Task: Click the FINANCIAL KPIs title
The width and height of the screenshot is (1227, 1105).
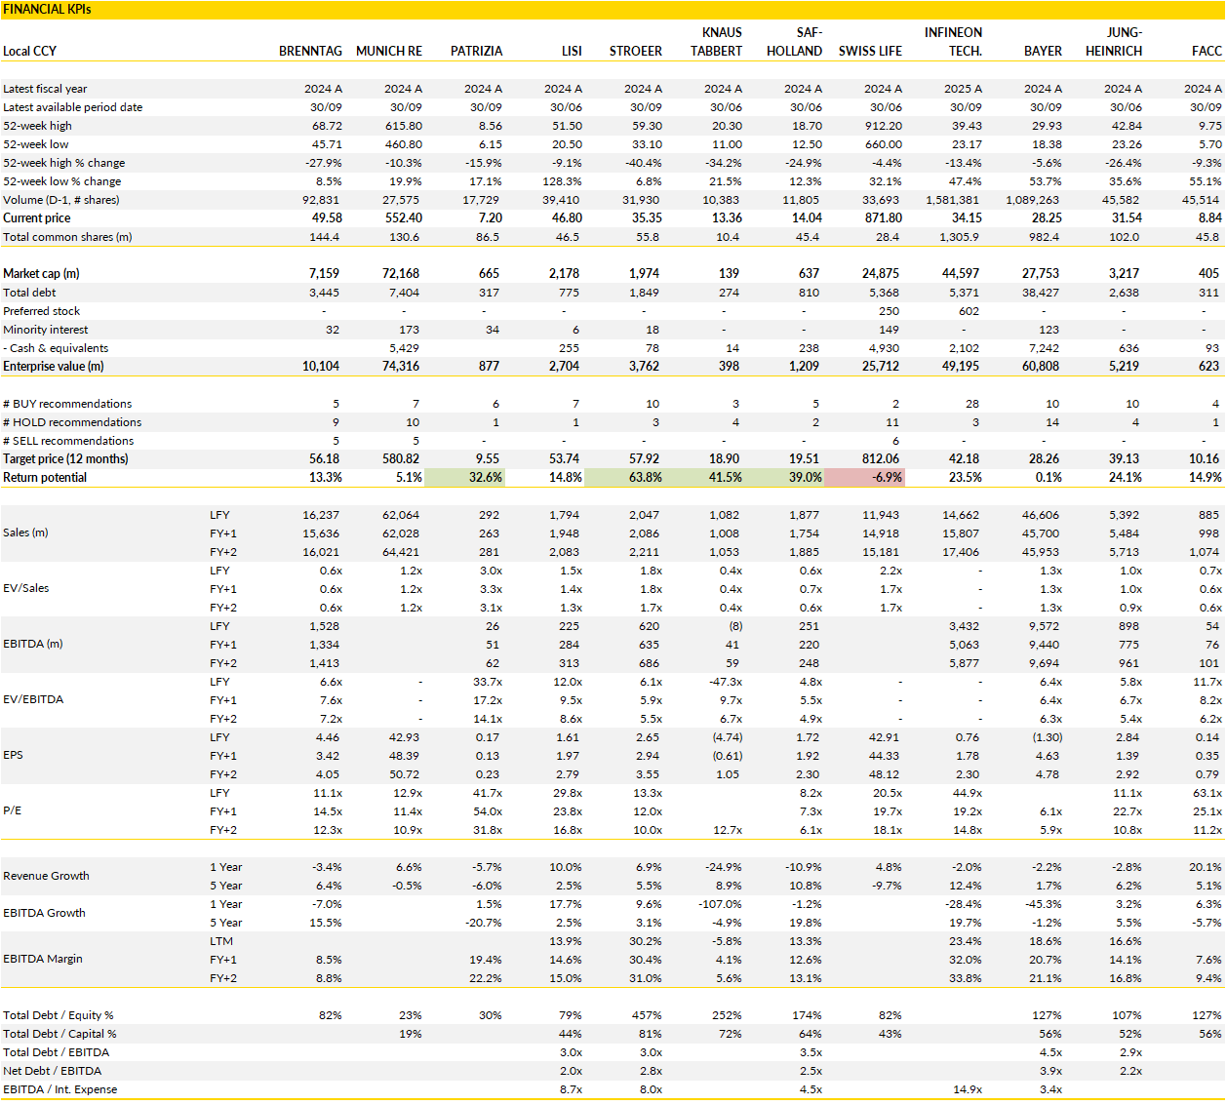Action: tap(47, 10)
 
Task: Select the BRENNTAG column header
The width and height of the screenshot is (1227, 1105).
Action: tap(310, 51)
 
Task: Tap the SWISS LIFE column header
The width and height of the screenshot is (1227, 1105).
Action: tap(870, 51)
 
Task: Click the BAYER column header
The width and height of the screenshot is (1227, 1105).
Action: tap(1043, 51)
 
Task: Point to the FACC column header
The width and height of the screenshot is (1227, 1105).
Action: tap(1207, 51)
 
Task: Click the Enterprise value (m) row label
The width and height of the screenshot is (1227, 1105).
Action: tap(54, 367)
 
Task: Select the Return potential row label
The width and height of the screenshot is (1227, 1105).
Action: tap(45, 478)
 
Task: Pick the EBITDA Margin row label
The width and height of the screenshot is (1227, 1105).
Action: tap(43, 960)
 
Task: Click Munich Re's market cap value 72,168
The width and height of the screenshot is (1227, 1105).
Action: tap(401, 274)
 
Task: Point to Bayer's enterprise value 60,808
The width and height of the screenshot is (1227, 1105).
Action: tap(1041, 367)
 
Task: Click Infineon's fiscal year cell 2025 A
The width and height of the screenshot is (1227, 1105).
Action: tap(963, 89)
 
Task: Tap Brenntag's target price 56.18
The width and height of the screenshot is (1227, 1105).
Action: tap(325, 459)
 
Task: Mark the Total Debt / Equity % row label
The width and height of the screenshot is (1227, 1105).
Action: tap(59, 1016)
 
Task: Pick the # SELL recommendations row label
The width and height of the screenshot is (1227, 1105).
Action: tap(68, 441)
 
